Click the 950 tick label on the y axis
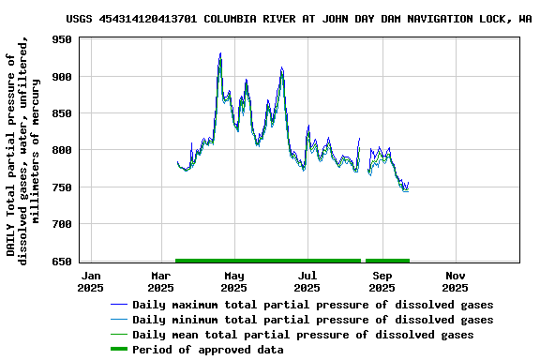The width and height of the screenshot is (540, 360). (63, 39)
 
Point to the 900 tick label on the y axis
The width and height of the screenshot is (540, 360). (63, 76)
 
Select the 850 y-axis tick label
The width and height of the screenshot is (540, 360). (63, 113)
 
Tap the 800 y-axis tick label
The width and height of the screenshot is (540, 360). (63, 150)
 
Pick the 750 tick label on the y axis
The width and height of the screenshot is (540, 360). (63, 187)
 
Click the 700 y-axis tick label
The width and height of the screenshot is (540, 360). (63, 224)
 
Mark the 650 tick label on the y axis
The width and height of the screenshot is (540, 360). (63, 261)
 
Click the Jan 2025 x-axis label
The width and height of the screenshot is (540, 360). (91, 281)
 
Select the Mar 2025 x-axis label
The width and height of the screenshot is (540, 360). (161, 281)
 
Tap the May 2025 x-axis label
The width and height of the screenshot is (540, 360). (234, 281)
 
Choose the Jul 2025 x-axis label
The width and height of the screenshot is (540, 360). (307, 281)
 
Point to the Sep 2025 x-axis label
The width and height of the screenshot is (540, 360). (382, 281)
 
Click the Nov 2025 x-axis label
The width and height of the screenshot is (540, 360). (455, 281)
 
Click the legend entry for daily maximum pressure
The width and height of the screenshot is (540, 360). (312, 305)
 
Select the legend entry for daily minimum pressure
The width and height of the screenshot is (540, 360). (312, 320)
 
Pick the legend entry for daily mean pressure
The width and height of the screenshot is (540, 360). (303, 335)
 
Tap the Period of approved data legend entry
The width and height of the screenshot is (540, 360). (207, 350)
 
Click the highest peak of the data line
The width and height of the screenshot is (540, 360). (220, 54)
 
